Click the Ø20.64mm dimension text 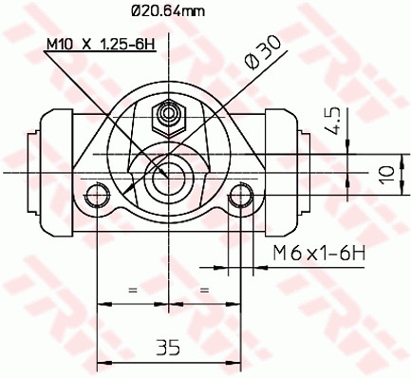tap(165, 12)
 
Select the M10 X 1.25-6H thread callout tap(100, 44)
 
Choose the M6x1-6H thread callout tap(319, 254)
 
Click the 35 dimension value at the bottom tap(167, 348)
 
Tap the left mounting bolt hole tap(97, 197)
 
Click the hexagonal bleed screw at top tap(169, 116)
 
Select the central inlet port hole tap(169, 172)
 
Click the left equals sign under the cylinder tap(133, 288)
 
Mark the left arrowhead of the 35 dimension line tap(103, 363)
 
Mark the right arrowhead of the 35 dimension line tap(233, 363)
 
